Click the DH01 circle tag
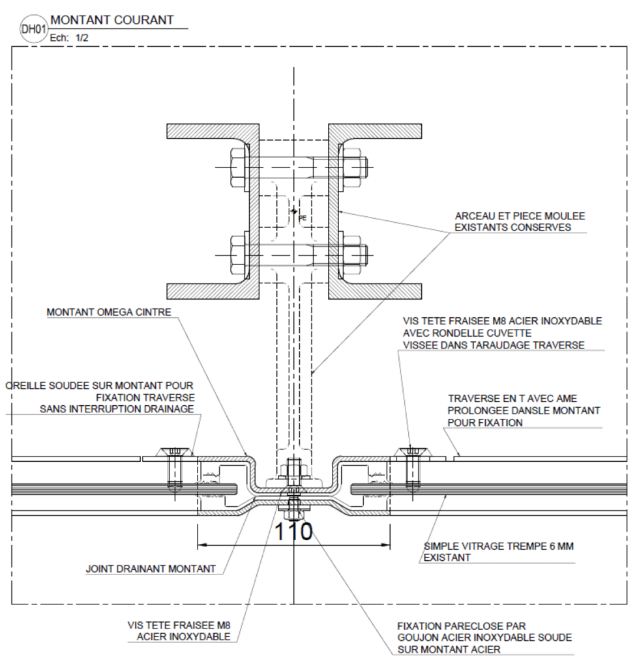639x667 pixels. pos(33,29)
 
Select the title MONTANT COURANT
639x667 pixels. pos(112,20)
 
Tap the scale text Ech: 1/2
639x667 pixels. pos(69,38)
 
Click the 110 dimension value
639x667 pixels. pos(293,532)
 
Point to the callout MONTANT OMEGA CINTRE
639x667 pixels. pos(109,312)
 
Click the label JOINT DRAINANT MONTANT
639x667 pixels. pos(151,569)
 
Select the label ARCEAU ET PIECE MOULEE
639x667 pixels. pos(520,216)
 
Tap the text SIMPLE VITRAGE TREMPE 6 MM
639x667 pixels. pos(499,546)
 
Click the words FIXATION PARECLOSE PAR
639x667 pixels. pos(462,626)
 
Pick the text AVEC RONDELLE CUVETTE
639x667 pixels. pos(467,333)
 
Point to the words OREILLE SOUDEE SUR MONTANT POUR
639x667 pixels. pos(99,386)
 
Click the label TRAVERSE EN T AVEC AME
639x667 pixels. pos(512,399)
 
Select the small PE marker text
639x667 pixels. pos(303,218)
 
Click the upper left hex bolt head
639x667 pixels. pos(237,167)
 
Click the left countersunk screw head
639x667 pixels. pos(175,452)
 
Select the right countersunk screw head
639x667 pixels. pos(411,452)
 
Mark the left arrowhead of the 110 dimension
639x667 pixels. pos(203,545)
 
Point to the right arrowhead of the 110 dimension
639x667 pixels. pos(385,545)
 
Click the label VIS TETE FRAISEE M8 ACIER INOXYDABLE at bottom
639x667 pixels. pos(179,631)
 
